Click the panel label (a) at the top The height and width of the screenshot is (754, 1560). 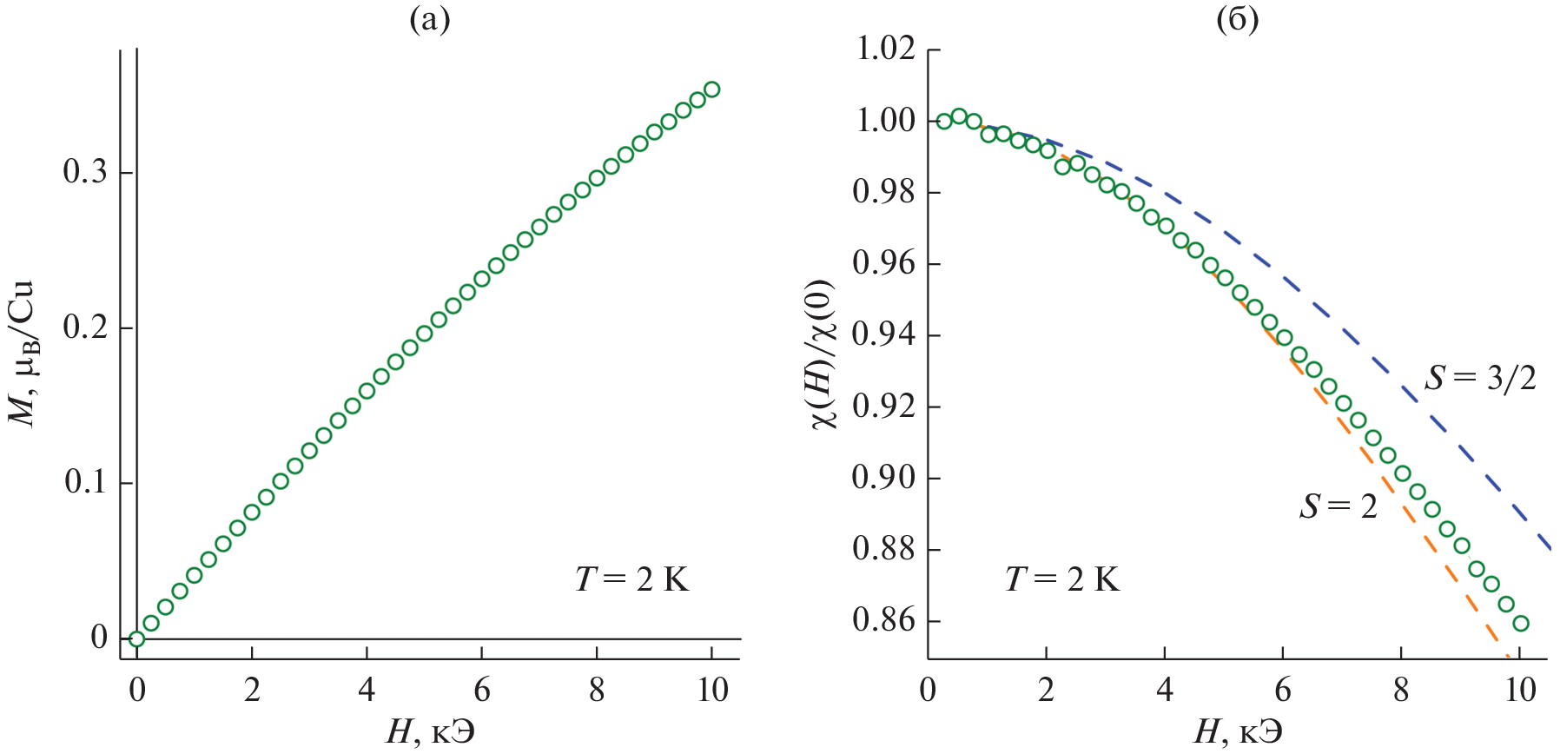pos(429,19)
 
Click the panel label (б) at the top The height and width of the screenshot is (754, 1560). pos(1237,19)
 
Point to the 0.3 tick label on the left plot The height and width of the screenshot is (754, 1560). pos(85,172)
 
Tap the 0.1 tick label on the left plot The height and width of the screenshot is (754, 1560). pos(85,482)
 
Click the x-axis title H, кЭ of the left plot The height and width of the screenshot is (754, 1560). pos(431,732)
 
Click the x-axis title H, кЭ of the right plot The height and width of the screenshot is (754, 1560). pos(1237,732)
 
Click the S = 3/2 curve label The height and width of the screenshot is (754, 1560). pos(1480,378)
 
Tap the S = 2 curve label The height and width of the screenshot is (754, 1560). pos(1339,506)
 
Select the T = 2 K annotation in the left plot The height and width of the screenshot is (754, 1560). pos(631,579)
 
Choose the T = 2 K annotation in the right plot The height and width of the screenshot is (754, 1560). pos(1061,579)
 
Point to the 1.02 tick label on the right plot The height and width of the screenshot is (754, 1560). pos(886,50)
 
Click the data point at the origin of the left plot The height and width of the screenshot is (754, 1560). pos(136,638)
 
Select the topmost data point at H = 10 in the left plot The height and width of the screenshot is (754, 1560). pos(711,89)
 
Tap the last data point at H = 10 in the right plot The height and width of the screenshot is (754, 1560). pos(1520,623)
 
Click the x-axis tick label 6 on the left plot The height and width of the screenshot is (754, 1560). pos(482,691)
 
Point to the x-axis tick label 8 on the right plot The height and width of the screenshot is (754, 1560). pos(1401,691)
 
